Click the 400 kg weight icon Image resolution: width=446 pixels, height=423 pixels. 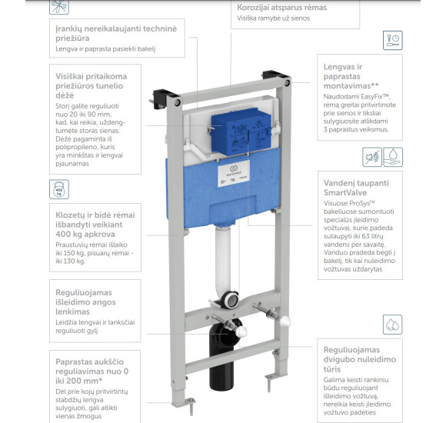click(59, 188)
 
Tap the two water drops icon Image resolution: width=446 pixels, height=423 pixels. click(392, 324)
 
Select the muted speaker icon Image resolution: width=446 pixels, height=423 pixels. click(370, 158)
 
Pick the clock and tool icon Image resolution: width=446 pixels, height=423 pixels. click(393, 40)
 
